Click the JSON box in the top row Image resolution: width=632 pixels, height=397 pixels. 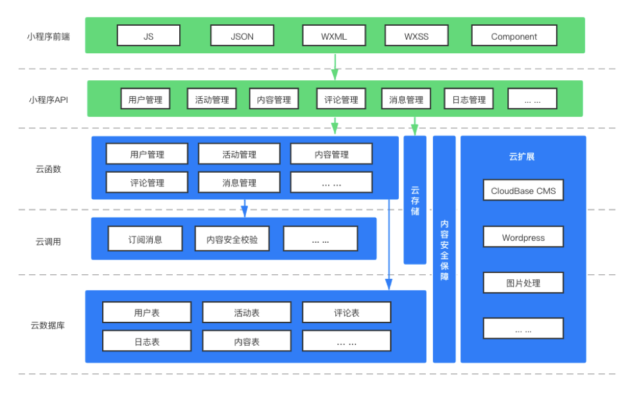[x=242, y=35]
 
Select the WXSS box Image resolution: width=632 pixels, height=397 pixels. [x=416, y=35]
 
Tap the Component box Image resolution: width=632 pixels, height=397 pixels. [x=514, y=35]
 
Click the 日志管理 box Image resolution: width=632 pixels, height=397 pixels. [x=469, y=99]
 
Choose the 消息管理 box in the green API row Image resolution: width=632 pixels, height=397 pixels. [x=406, y=99]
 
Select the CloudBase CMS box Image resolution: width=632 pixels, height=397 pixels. [x=523, y=190]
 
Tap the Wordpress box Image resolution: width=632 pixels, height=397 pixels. [x=523, y=237]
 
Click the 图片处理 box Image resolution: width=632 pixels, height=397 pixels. [x=523, y=283]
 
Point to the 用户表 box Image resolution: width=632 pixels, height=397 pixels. [x=146, y=312]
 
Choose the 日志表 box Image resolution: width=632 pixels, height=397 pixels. [x=146, y=341]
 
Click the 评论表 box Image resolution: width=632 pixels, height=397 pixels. [x=347, y=312]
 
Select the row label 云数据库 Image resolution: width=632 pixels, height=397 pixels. [x=48, y=325]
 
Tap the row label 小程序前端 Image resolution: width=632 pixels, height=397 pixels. [x=48, y=37]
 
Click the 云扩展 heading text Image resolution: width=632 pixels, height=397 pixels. [x=522, y=156]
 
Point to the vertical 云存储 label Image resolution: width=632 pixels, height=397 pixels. [x=415, y=200]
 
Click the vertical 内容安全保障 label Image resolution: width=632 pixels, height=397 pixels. [x=444, y=250]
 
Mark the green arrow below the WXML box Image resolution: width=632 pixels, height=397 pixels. [x=335, y=67]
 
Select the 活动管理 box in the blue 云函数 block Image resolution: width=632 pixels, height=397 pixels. [x=239, y=154]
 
